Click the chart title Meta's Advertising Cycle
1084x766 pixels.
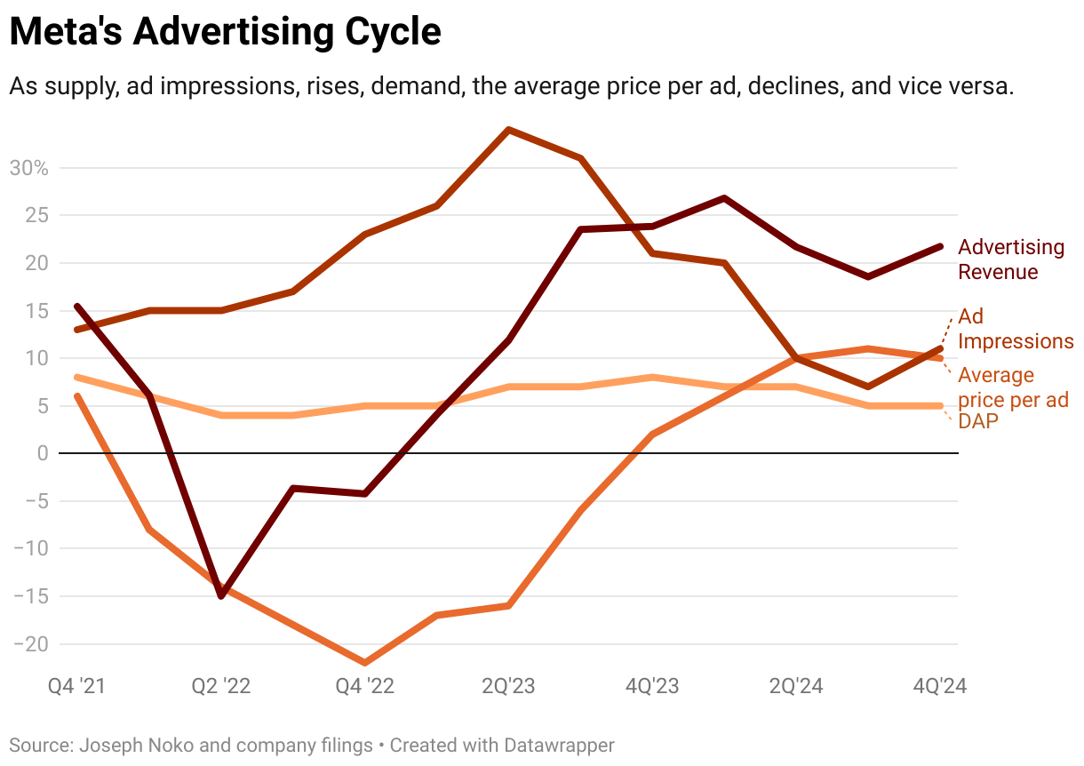coord(225,33)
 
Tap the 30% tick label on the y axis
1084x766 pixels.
coord(28,168)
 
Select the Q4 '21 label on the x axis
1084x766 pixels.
coord(77,687)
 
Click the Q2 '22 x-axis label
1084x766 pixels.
coord(221,687)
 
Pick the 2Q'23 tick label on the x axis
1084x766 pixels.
coord(507,687)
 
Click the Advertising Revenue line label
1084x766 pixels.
coord(1011,259)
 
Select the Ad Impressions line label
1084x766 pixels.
coord(1016,329)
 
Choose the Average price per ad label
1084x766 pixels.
coord(1013,387)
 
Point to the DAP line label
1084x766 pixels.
coord(978,422)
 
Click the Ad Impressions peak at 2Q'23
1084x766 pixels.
coord(508,130)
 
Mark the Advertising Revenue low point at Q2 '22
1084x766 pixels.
coord(221,595)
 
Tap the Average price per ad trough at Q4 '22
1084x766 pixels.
coord(365,662)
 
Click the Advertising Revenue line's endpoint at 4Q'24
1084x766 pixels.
coord(940,246)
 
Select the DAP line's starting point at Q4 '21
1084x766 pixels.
coord(77,378)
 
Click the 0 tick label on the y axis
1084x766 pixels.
coord(40,453)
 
